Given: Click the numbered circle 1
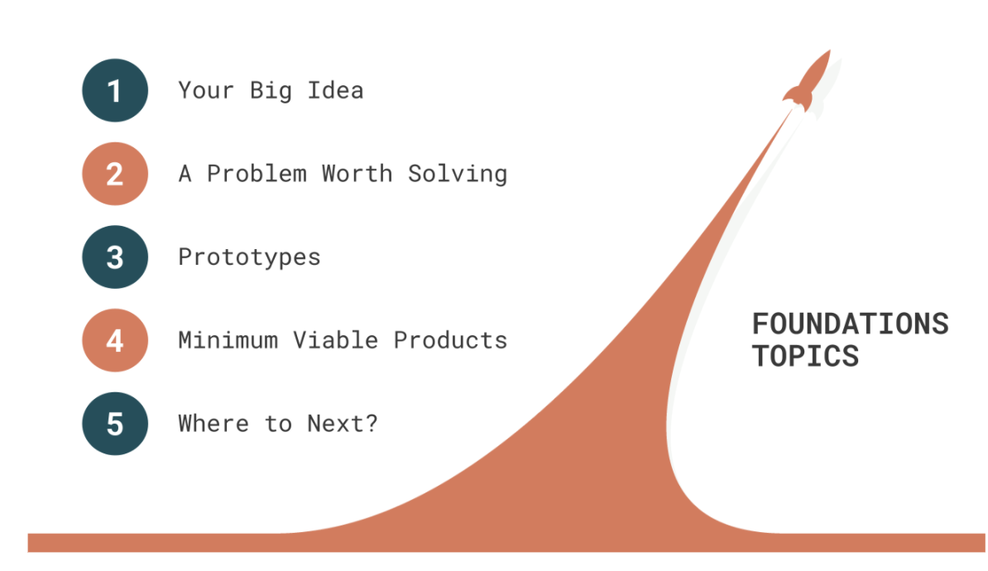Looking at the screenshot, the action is [x=115, y=90].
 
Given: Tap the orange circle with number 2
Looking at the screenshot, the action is [x=115, y=173].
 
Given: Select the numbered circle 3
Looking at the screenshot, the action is [x=115, y=257].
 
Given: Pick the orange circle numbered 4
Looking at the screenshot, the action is [x=115, y=340].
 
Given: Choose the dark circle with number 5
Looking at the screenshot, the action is [x=115, y=424].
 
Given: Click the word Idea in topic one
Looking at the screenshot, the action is [x=335, y=90].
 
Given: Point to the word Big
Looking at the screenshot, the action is [x=271, y=91].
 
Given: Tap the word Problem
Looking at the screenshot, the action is [x=257, y=173].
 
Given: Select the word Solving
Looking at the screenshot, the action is [x=458, y=174].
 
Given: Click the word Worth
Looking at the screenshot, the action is [x=357, y=173].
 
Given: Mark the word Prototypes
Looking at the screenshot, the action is [x=250, y=257].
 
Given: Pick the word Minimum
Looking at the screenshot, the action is [x=228, y=340].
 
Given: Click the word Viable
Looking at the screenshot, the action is [x=335, y=340].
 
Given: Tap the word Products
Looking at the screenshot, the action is [x=450, y=340].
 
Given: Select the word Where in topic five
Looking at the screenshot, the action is [x=213, y=424].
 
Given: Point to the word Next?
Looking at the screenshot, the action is [x=342, y=424].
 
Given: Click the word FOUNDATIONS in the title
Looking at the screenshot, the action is [x=851, y=324].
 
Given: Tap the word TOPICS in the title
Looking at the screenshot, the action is [x=805, y=356].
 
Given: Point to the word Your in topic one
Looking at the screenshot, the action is [x=206, y=90].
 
